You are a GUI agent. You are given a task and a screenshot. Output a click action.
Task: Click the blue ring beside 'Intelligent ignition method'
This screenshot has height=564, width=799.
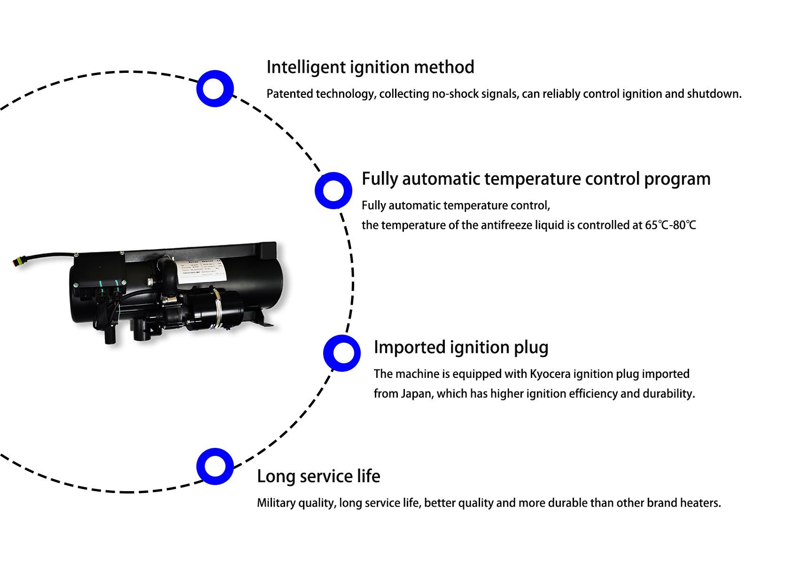point(215,88)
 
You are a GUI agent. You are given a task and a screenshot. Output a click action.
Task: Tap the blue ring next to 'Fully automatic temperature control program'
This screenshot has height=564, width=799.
point(333,190)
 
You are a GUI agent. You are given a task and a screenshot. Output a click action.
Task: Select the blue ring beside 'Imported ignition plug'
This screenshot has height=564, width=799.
point(342,353)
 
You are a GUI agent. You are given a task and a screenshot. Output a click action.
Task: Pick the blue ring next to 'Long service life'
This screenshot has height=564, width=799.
point(215,466)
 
